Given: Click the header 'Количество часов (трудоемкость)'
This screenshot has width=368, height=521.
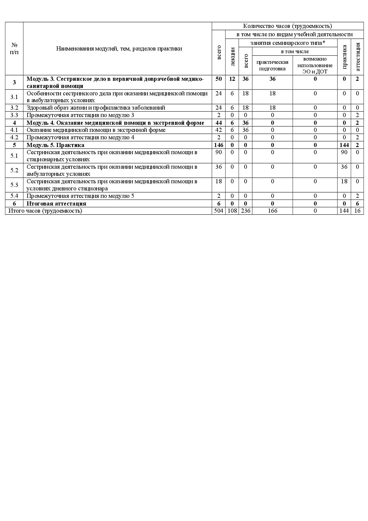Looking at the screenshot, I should point(287,26).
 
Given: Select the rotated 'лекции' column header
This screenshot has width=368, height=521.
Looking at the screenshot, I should point(232,57).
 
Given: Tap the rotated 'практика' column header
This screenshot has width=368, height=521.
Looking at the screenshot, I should point(344,57).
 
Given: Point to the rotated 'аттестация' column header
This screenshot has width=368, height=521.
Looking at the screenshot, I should point(357,57).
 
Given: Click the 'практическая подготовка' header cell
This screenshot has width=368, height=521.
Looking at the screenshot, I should point(272,65).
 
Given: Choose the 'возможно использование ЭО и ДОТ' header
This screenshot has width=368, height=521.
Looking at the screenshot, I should point(315,65).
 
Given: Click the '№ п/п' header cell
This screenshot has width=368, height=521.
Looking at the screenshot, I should point(14,48).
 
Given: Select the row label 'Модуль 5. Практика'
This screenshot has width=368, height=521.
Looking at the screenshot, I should point(55,145).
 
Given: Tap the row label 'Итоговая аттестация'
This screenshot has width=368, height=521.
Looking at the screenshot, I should point(56,203).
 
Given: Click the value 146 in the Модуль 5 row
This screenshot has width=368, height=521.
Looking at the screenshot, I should point(218,145).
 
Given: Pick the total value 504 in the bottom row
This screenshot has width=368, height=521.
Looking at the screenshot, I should point(218,211).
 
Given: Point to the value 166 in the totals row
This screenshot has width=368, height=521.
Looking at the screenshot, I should point(272,211).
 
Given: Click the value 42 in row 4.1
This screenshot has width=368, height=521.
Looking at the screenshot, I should point(218,130).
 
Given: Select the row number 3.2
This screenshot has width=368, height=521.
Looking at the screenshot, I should point(14,108).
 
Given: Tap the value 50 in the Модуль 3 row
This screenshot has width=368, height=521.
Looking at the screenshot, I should point(218,79).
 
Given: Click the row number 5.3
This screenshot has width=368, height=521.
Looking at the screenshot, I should point(14,185).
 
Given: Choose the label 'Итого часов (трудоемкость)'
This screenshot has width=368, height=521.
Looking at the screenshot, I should point(45,211).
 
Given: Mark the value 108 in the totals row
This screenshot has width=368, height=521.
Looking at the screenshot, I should point(232,211).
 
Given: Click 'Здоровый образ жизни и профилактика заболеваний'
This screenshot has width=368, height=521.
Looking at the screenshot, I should point(96,108).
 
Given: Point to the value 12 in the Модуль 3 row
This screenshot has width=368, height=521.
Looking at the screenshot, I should point(232,79).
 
